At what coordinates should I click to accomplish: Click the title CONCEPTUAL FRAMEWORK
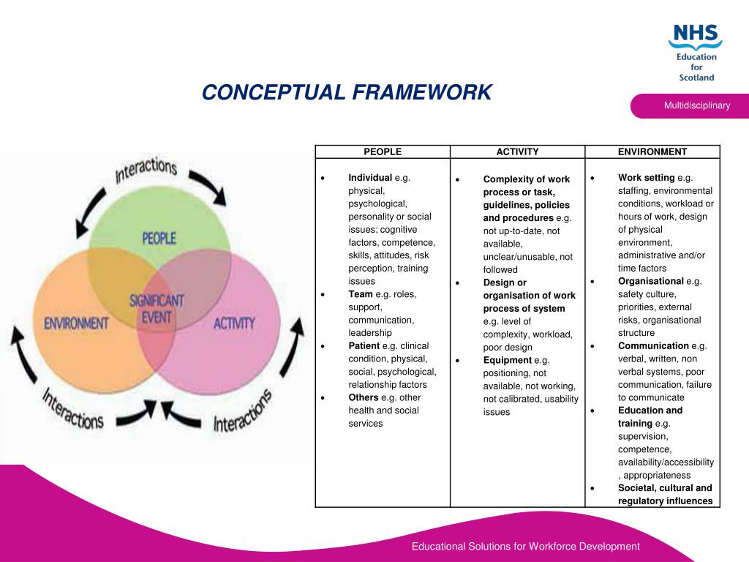pos(347,93)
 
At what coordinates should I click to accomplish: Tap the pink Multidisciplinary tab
pos(696,106)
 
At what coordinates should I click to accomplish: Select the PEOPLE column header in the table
pos(383,152)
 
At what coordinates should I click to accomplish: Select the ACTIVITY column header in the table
pos(517,152)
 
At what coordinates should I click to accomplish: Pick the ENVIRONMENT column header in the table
pos(652,152)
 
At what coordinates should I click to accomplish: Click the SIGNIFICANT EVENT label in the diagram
pos(157,308)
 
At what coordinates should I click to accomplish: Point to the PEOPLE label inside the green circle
pos(159,238)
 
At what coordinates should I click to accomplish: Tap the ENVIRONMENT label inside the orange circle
pos(77,323)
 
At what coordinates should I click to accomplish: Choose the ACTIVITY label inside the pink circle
pos(234,323)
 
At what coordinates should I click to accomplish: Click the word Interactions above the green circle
pos(146,171)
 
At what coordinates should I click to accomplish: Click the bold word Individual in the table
pos(370,178)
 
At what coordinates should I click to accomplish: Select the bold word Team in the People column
pos(361,294)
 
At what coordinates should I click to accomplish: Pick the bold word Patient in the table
pos(364,345)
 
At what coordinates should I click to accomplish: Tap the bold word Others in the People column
pos(364,397)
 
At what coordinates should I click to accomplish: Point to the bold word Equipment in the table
pos(507,360)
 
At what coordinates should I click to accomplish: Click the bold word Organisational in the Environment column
pos(651,281)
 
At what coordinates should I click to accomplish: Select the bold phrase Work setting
pos(646,178)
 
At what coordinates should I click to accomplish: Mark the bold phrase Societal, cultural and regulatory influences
pos(665,495)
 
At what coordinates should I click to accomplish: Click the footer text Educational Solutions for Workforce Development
pos(525,547)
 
